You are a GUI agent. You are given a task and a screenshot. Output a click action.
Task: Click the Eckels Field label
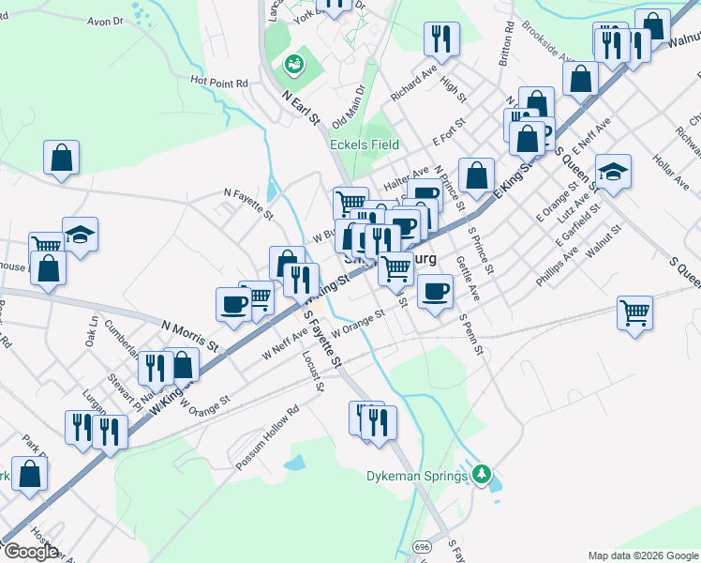[365, 145]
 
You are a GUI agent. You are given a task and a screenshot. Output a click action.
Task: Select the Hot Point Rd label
[218, 83]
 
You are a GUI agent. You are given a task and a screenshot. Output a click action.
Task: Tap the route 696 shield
[423, 545]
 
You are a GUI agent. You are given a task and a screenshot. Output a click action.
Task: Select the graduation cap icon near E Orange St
[613, 172]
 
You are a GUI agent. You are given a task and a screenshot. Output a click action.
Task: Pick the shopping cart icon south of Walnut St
[635, 312]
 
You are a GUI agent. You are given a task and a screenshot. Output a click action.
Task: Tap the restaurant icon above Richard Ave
[440, 39]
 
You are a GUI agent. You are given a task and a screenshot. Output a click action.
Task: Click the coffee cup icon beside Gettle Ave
[435, 291]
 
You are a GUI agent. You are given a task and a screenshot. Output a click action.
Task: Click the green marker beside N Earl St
[293, 65]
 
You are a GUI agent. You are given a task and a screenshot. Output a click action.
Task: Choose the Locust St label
[313, 371]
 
